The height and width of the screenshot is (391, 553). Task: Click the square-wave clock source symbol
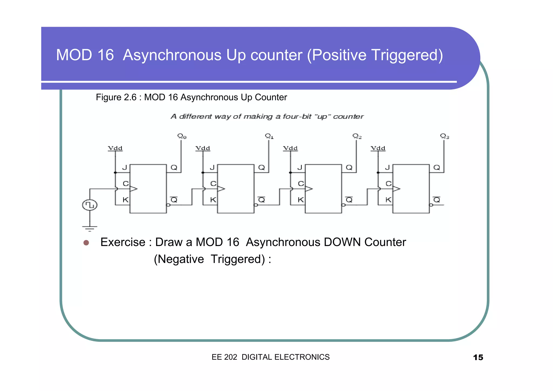[x=90, y=205]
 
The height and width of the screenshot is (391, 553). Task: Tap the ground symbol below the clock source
[x=90, y=228]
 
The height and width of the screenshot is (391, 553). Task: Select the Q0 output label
[x=182, y=136]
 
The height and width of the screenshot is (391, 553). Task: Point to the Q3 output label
[x=444, y=136]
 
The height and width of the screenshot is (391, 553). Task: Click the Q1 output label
[x=269, y=136]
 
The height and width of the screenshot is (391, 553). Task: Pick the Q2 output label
[x=357, y=136]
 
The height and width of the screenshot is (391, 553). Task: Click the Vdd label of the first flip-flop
[x=115, y=148]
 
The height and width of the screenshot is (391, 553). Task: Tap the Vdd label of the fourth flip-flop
[x=378, y=148]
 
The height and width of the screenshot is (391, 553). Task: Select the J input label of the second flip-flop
[x=212, y=168]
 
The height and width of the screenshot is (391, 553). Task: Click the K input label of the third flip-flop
[x=301, y=200]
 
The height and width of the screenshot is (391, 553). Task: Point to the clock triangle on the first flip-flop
[x=133, y=189]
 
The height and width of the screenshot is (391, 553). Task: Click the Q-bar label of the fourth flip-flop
[x=437, y=200]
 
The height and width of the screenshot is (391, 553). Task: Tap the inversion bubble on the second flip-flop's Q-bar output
[x=256, y=205]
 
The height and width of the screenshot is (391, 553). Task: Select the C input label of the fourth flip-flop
[x=388, y=184]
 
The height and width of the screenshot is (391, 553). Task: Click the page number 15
[x=478, y=358]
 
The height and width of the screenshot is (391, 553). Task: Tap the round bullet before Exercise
[x=86, y=242]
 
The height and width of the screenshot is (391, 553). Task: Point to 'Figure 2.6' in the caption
[x=116, y=97]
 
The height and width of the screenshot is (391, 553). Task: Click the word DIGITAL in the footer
[x=257, y=357]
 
